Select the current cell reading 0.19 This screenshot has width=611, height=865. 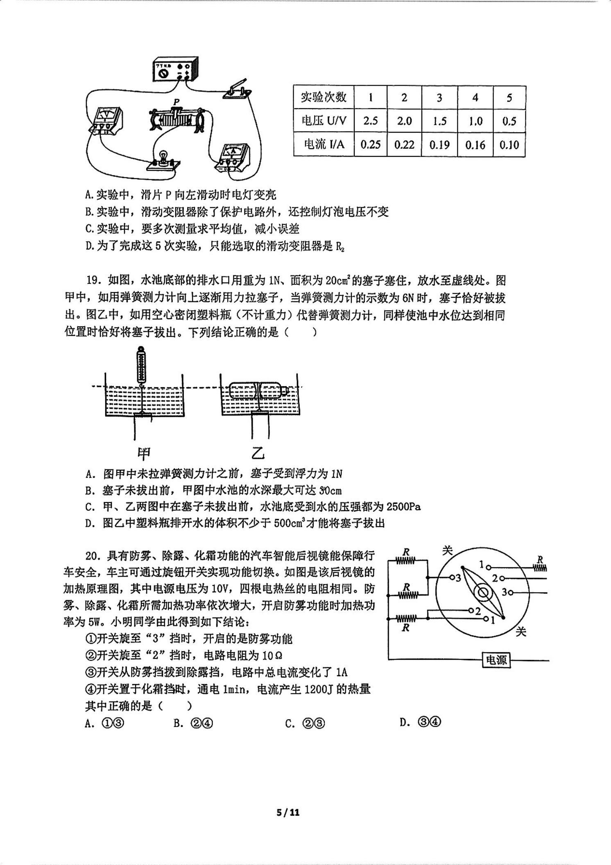point(439,145)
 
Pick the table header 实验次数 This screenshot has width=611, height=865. point(324,97)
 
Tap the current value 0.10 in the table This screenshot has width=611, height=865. point(509,145)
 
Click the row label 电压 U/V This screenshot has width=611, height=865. point(324,121)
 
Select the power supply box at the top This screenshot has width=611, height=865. point(175,68)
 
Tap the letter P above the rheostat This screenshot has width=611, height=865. point(176,101)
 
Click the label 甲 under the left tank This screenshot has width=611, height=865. point(144,453)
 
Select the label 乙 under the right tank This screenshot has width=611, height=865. point(258,453)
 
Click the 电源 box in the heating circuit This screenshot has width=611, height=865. point(496,660)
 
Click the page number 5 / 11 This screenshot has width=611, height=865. point(288,812)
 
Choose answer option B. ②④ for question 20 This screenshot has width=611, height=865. point(193,723)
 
